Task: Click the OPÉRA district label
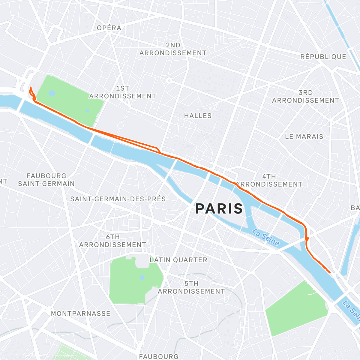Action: [x=109, y=28]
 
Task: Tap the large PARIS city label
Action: [x=219, y=208]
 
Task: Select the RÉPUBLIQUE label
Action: [x=323, y=57]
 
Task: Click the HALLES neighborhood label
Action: [x=198, y=116]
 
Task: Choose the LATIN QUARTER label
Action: [x=178, y=260]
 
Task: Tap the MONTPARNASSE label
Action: [x=80, y=314]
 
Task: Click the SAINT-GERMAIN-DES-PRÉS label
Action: [x=118, y=199]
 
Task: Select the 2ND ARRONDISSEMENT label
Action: [x=173, y=49]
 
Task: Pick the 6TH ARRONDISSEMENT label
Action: [x=112, y=241]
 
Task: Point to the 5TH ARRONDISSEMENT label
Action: [x=191, y=287]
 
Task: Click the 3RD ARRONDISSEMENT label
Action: [x=305, y=97]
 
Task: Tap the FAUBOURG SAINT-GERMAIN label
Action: [x=46, y=180]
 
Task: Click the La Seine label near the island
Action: [x=265, y=237]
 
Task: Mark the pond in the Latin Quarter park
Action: [x=142, y=278]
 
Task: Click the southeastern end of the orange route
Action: [x=330, y=272]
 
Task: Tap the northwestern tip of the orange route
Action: [x=31, y=87]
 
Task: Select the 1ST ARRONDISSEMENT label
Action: [x=122, y=92]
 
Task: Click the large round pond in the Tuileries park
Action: [x=52, y=93]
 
